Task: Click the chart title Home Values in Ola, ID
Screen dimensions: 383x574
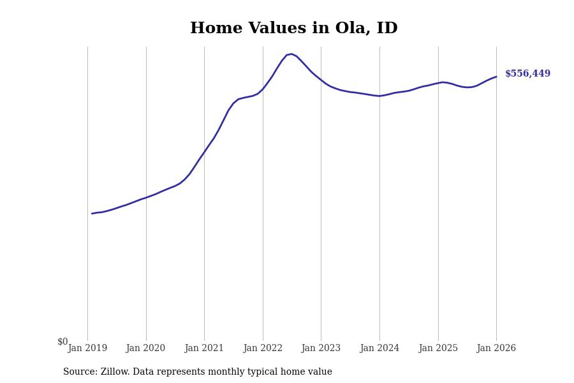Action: (293, 29)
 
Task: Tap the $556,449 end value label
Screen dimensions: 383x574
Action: (527, 74)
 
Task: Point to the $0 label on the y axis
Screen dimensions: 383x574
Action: (63, 342)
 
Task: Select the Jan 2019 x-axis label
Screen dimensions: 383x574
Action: (87, 349)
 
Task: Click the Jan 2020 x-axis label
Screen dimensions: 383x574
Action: (146, 349)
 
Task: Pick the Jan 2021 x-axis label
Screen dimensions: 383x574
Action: (204, 349)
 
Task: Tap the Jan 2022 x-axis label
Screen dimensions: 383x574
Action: (263, 349)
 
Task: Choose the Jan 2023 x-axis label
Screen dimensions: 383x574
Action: (321, 349)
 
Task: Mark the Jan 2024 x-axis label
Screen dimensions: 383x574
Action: (379, 349)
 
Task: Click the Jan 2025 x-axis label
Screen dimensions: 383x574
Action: (438, 349)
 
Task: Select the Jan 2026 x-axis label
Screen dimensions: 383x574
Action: (496, 349)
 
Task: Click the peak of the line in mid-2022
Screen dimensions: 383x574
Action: (291, 54)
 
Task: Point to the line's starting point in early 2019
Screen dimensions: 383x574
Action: (92, 213)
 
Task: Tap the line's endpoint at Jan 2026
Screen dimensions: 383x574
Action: (496, 77)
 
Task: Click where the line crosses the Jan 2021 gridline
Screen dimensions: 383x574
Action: (204, 151)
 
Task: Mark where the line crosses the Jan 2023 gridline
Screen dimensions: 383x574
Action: (321, 80)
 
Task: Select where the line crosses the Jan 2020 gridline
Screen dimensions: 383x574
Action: (146, 197)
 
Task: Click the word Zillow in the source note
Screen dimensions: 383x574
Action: (115, 372)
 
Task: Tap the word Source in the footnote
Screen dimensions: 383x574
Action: (79, 372)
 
